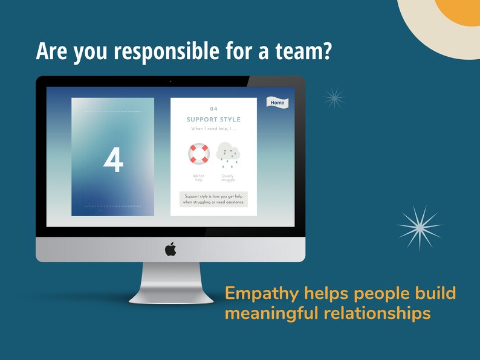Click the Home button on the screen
277,103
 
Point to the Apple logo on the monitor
170,249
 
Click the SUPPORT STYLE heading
213,120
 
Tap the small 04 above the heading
213,109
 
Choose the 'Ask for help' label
198,178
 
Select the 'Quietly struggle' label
228,178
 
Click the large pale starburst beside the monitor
420,227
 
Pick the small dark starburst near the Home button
334,97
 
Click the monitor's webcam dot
170,81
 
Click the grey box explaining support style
213,199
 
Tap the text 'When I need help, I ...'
213,129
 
